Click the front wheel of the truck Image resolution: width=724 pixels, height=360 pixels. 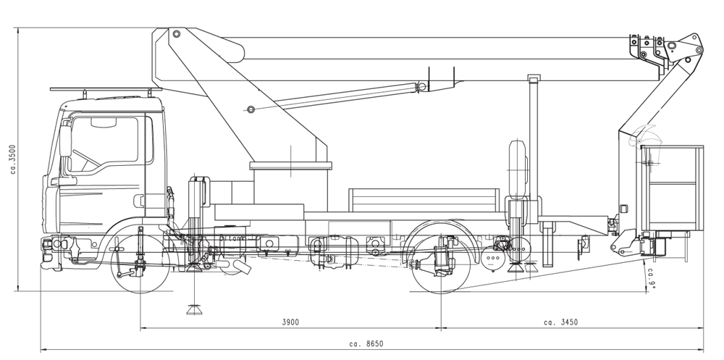140,264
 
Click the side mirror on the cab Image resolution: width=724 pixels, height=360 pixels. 66,142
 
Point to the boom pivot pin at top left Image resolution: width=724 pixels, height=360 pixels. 175,33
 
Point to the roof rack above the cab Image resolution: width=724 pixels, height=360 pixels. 105,89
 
